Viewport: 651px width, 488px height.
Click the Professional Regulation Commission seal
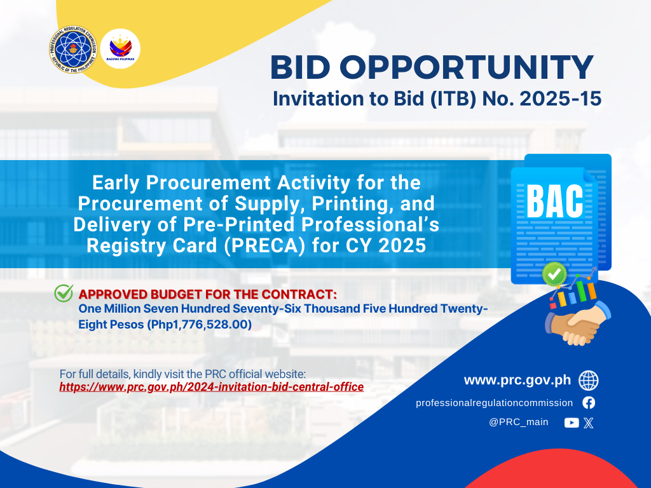click(x=73, y=50)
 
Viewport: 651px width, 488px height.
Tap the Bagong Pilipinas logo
click(x=120, y=48)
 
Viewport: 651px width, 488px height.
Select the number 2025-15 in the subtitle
click(x=560, y=98)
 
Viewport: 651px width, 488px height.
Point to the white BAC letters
click(x=554, y=201)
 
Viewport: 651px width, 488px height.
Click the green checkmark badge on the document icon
click(x=554, y=274)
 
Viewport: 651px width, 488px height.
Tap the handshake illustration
click(x=578, y=323)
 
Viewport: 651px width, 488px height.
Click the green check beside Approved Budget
click(x=64, y=293)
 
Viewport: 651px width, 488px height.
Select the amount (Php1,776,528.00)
click(x=199, y=325)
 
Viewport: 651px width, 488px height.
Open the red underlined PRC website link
click(x=211, y=387)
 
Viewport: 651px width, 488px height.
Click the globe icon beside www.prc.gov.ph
click(x=588, y=381)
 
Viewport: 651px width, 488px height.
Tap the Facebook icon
click(x=588, y=402)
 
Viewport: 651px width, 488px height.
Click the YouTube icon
click(x=572, y=423)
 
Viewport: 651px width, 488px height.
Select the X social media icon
click(x=588, y=423)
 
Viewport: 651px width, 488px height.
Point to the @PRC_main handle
click(x=518, y=422)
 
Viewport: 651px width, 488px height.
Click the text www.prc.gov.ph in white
click(x=517, y=380)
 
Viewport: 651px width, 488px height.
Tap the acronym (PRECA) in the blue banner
click(x=264, y=245)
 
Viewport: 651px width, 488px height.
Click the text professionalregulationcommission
click(x=494, y=403)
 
